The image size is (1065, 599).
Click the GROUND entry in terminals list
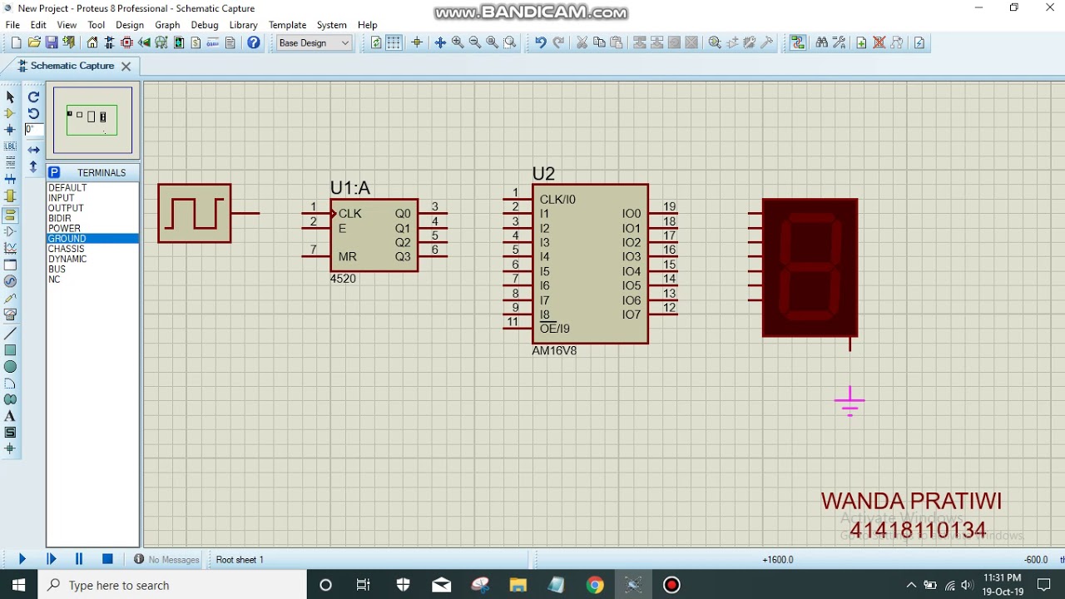tap(67, 239)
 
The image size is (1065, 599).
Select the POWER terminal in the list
tap(64, 228)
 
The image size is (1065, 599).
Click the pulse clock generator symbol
tap(195, 214)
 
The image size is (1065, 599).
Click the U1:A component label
tap(349, 188)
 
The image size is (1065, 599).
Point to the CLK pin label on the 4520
tap(350, 214)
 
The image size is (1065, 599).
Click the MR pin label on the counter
tap(347, 257)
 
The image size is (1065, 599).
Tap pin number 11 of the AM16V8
tap(513, 322)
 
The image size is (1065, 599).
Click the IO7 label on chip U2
tap(631, 314)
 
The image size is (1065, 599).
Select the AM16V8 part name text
tap(554, 351)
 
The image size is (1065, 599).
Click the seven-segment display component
tap(810, 268)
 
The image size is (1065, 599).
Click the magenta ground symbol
tap(850, 402)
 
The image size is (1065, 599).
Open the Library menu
tap(243, 25)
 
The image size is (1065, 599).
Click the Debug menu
tap(204, 25)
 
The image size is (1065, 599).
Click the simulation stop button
tap(107, 559)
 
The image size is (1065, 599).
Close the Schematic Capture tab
tap(126, 66)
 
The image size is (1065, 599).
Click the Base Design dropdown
tap(314, 42)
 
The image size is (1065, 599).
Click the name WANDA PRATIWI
tap(911, 501)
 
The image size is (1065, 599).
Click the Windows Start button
tap(18, 585)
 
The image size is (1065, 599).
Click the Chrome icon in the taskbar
tap(594, 585)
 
